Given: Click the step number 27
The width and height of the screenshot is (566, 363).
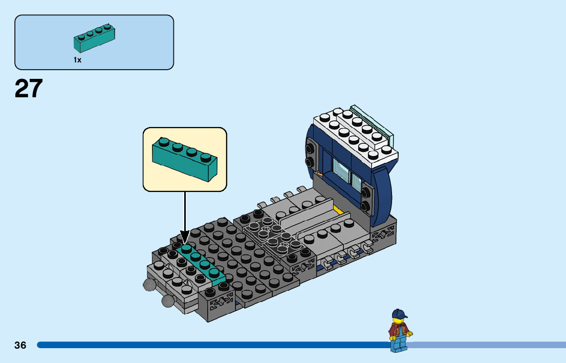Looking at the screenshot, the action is (29, 89).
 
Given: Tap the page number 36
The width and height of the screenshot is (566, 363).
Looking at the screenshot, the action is (20, 345).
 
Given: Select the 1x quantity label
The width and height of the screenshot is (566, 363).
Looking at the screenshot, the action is (77, 60).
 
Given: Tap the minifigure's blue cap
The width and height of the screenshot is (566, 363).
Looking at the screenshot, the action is (400, 314).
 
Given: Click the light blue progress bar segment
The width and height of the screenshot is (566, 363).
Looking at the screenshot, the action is (486, 345).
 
